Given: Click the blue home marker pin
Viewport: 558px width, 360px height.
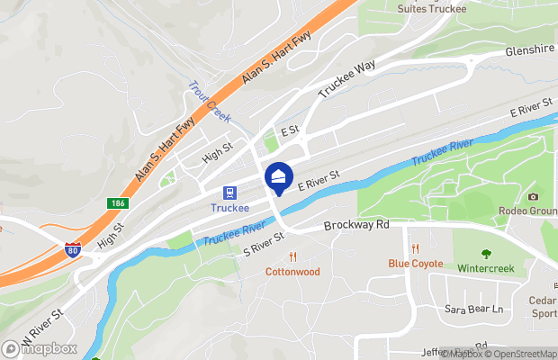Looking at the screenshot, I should [279, 176].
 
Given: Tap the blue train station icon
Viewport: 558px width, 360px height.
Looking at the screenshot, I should [229, 192].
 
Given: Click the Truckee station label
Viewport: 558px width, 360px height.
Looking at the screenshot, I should [229, 207].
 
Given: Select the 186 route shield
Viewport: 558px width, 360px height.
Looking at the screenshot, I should [118, 204].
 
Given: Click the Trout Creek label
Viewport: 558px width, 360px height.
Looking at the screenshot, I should [209, 102].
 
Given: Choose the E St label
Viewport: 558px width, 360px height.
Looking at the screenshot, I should [289, 131].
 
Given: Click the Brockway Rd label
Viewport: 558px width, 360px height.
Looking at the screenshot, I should [355, 224].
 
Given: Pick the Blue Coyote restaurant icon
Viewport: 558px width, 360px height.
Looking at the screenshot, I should [415, 248].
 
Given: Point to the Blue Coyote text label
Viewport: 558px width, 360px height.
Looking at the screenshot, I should [415, 264].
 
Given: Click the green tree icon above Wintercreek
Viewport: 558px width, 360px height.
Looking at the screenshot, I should [486, 254].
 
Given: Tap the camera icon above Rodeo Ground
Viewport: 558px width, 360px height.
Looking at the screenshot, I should [533, 196].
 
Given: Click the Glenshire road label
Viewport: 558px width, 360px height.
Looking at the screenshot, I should [530, 51].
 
